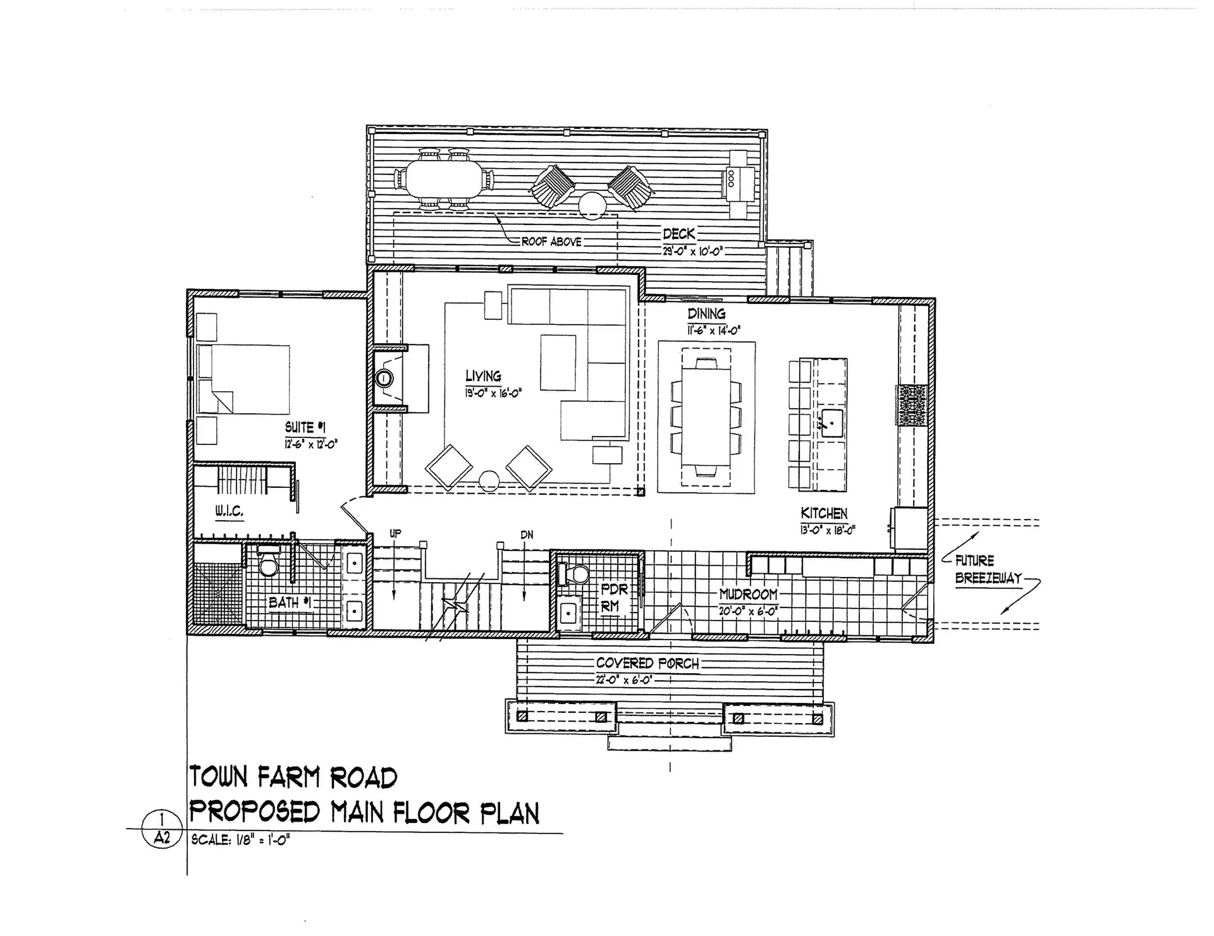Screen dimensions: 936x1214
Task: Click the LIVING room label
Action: coord(484,376)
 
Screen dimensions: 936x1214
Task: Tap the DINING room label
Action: coord(706,314)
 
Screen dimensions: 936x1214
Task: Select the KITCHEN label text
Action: coord(824,513)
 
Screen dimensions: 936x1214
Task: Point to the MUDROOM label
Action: coord(748,595)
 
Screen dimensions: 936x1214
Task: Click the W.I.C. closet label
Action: coord(229,511)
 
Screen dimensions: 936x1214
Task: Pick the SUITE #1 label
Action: coord(305,428)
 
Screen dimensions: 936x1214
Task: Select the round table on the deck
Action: coord(593,205)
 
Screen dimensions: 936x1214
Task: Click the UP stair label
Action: coord(395,533)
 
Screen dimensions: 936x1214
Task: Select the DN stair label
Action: coord(527,535)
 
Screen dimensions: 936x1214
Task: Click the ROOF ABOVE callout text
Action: coord(551,242)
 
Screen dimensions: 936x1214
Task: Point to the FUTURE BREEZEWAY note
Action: coord(988,569)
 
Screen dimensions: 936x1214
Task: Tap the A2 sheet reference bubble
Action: coord(162,838)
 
